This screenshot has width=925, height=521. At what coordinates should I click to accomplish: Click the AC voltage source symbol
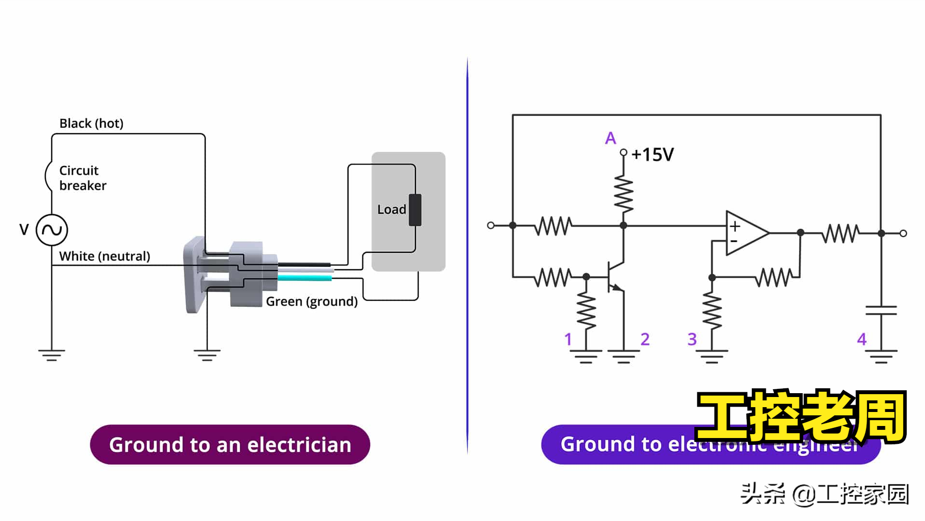tap(52, 230)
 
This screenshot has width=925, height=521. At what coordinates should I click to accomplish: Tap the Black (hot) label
tap(91, 123)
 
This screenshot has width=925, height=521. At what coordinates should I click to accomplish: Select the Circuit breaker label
tap(82, 178)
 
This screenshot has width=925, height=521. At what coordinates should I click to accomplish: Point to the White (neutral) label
tap(104, 256)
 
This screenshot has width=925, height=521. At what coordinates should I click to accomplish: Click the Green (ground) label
tap(312, 302)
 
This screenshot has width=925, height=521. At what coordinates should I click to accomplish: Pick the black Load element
tap(415, 210)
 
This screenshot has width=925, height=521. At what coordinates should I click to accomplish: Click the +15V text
tap(652, 155)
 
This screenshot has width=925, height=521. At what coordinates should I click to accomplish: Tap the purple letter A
tap(610, 138)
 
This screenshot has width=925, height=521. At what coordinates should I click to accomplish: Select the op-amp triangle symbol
tap(746, 233)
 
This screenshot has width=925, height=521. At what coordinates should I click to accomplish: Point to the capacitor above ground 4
tap(881, 310)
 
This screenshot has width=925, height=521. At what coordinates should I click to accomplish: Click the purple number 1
tap(568, 339)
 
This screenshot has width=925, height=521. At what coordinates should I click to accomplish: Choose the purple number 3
tap(692, 339)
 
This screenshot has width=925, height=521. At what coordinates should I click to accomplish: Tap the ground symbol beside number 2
tap(623, 356)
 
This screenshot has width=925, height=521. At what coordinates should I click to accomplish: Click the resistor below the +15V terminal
tap(623, 194)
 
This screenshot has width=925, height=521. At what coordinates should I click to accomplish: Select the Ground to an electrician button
tap(230, 444)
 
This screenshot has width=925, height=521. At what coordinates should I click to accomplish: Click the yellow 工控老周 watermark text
tap(801, 416)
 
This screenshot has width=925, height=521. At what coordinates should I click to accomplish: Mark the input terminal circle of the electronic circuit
tap(491, 225)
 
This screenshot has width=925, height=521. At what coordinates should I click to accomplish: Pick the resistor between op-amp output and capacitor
tap(841, 233)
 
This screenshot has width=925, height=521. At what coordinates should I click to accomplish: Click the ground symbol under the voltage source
tap(52, 356)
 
